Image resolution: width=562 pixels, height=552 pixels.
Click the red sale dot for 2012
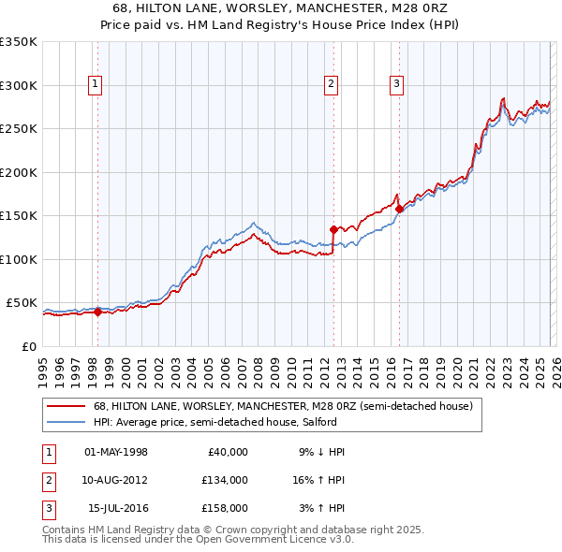(333, 228)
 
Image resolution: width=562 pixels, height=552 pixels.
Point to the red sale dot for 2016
(399, 209)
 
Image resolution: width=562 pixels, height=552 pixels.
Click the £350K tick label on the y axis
(19, 42)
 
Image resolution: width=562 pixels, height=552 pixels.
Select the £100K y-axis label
(19, 259)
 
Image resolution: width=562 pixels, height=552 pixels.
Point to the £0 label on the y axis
(28, 346)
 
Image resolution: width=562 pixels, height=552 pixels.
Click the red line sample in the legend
(67, 407)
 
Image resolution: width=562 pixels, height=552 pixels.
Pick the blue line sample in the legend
(67, 421)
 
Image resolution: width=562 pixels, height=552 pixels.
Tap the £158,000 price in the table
(225, 508)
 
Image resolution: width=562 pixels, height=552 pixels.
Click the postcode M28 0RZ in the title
(410, 9)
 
